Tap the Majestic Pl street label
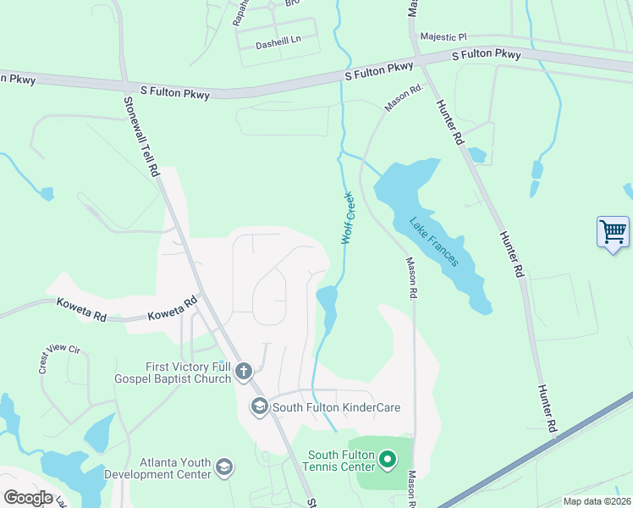coord(443,37)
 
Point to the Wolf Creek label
coord(347,218)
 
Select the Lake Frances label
coord(434,242)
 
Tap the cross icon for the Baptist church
coord(244,370)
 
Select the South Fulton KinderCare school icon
coord(259,407)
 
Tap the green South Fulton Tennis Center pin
coord(388,460)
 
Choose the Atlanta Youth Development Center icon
coord(224,467)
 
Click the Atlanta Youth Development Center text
coord(157,468)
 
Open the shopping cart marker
coord(613,230)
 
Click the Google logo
coord(27,498)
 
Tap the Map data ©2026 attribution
coord(596,501)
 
